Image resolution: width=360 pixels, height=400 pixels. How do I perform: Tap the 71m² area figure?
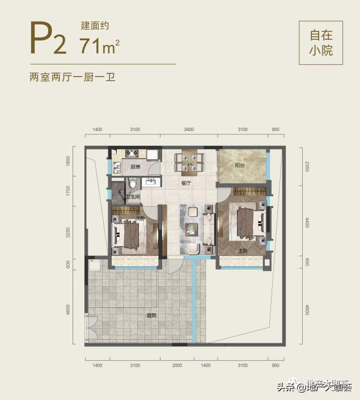pos(100,45)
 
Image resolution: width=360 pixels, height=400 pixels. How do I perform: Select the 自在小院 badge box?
pos(320,43)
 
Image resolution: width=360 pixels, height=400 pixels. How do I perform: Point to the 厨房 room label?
pos(135,167)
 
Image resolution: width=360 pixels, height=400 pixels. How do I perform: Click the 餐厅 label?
pos(186,183)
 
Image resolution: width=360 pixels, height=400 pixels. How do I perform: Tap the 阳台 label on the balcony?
pos(240,166)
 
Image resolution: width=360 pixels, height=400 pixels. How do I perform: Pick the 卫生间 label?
pos(133,197)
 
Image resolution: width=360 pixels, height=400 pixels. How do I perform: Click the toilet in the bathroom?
pos(133,184)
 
